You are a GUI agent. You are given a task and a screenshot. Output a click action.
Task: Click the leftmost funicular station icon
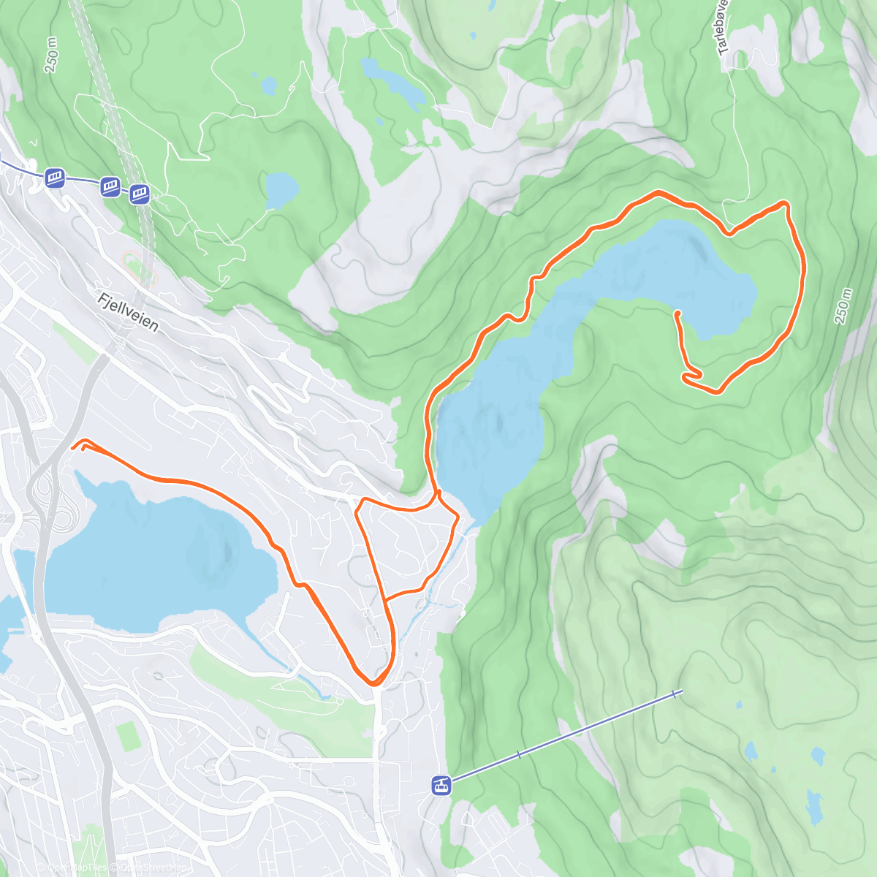pos(55,178)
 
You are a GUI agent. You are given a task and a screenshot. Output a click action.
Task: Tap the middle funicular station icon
pos(110,186)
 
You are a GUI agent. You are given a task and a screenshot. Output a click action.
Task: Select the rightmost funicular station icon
pos(140,194)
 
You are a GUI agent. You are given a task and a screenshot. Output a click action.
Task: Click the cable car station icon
pos(441,786)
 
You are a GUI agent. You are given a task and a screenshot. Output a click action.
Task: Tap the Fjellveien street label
pos(128,312)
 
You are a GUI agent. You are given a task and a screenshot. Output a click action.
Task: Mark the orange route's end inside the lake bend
pos(677,314)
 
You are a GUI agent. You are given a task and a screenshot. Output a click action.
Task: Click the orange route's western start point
pos(73,447)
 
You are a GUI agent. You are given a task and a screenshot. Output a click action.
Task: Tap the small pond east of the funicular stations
pos(281,189)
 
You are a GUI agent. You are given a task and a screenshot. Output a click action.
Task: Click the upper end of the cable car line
pos(680,691)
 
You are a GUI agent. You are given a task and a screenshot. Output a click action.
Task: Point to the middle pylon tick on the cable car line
pos(520,753)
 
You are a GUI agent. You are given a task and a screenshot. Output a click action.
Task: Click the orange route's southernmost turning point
pos(375,683)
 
